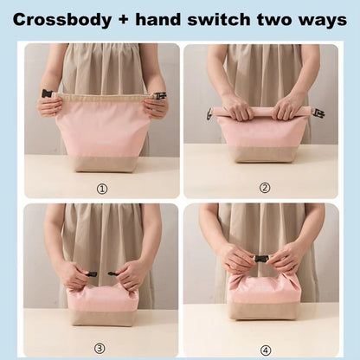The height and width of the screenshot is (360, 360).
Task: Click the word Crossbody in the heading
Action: tap(62, 20)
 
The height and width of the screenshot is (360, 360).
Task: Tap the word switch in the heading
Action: tap(219, 20)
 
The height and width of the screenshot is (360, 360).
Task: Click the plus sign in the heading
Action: tap(123, 20)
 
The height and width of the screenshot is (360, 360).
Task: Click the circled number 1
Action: tap(102, 189)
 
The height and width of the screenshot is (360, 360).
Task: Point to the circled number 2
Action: tap(265, 188)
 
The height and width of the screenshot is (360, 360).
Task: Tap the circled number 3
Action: tap(100, 349)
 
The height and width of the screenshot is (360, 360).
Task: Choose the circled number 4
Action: tap(266, 350)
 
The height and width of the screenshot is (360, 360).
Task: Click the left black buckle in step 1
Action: tap(47, 94)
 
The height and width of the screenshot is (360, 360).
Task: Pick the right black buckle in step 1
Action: tap(160, 95)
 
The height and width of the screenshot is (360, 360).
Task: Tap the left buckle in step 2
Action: tap(209, 113)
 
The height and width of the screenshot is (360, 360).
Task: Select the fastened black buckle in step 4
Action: tap(261, 259)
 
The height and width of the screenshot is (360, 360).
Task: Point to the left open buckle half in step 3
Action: tap(91, 273)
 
